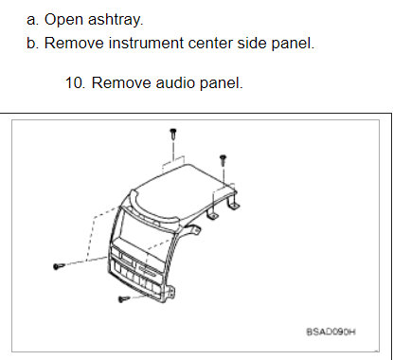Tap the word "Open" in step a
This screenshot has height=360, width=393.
[x=63, y=18]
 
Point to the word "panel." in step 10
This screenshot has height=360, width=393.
[x=217, y=82]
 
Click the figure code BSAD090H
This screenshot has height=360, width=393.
[x=330, y=333]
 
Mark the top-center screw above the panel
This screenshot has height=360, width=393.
[x=173, y=134]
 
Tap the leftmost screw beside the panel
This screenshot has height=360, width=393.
[x=58, y=266]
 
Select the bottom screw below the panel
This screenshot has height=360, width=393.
[x=123, y=300]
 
